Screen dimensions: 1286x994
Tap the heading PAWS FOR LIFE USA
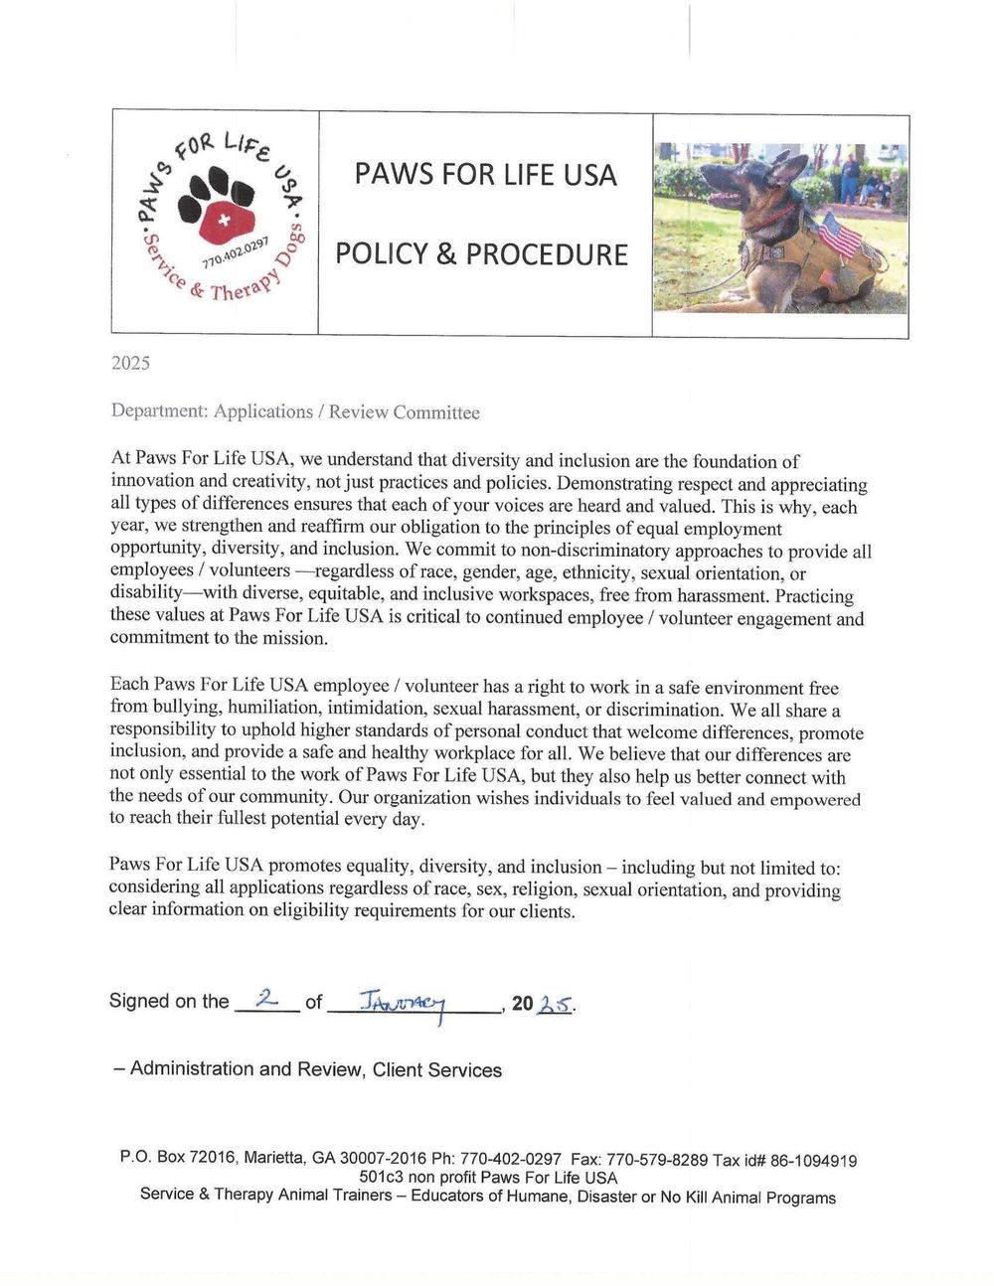click(485, 175)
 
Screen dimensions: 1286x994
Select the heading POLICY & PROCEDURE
click(481, 254)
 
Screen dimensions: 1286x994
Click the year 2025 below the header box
click(130, 363)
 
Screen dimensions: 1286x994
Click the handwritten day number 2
click(265, 998)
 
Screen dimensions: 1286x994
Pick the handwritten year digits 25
click(555, 1004)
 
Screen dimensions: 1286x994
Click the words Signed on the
click(169, 1001)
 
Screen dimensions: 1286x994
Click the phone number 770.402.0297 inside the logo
click(236, 252)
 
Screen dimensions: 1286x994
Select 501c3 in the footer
click(382, 1178)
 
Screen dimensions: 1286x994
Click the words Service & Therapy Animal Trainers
click(265, 1195)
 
